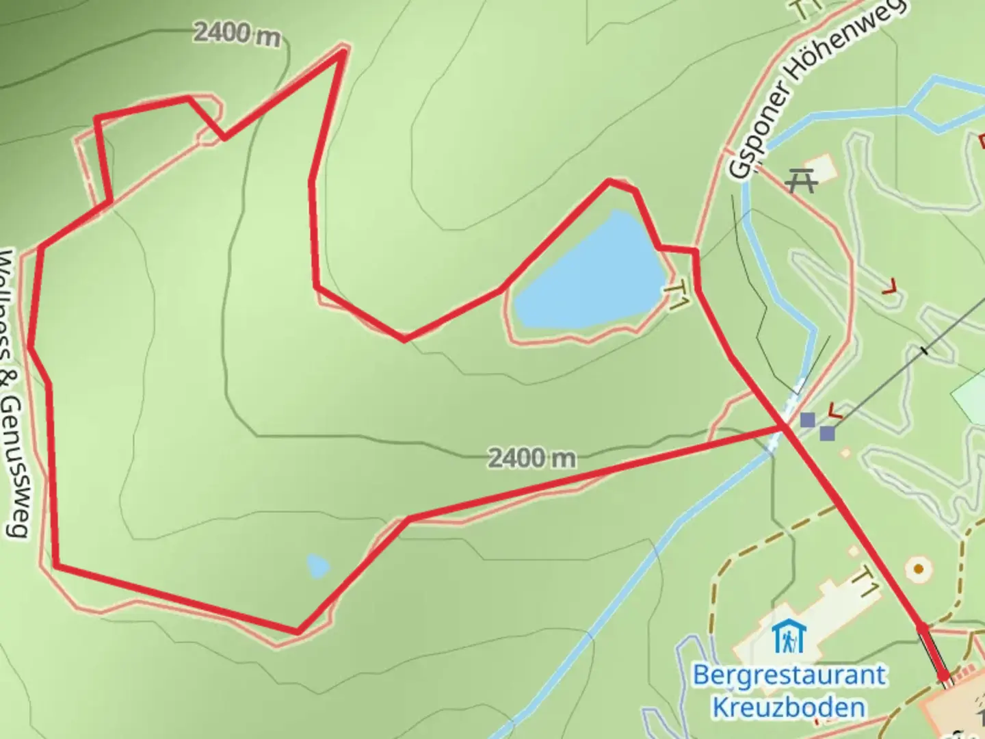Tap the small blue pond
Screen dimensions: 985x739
[x=318, y=567]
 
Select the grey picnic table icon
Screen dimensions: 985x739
[x=801, y=181]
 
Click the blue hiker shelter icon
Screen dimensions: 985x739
[x=789, y=638]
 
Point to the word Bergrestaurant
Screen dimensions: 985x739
[x=789, y=675]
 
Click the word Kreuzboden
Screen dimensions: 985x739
[x=789, y=707]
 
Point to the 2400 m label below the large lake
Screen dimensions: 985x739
[x=531, y=458]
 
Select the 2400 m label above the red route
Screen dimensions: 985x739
[x=237, y=33]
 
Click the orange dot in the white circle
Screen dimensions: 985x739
[x=919, y=569]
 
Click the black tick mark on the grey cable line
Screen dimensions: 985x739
[x=925, y=351]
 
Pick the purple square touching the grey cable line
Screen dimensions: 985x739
[x=827, y=433]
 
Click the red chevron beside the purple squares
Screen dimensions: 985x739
[x=835, y=411]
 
